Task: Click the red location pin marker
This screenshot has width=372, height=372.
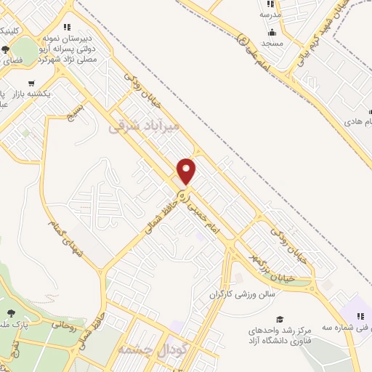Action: click(x=187, y=171)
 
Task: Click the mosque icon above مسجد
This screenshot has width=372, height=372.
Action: click(x=272, y=31)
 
